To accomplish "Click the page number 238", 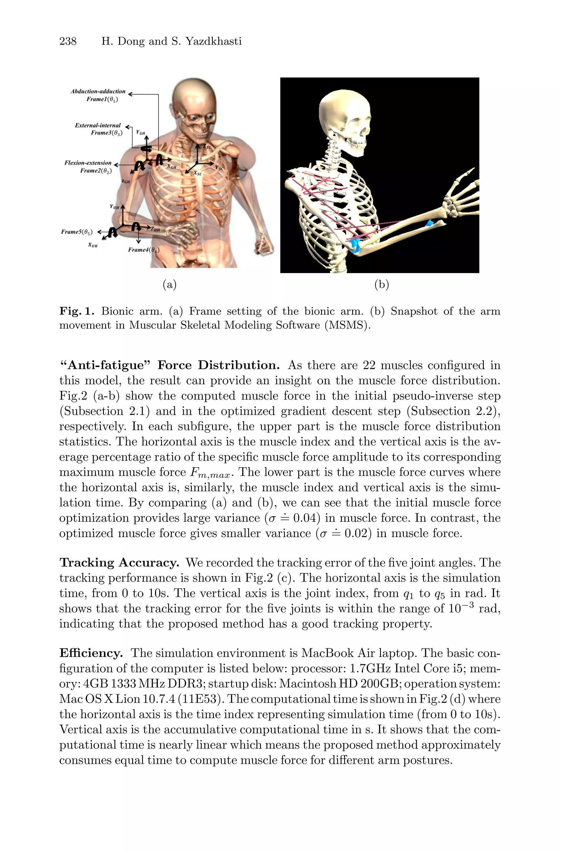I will click(x=68, y=41).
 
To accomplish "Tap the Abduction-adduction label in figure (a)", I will click(x=98, y=92).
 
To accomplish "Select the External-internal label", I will click(x=98, y=126).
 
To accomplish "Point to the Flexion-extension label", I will click(x=88, y=163).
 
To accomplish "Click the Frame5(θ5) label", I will click(x=77, y=232).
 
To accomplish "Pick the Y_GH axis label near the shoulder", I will click(x=141, y=133).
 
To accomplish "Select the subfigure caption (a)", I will click(x=170, y=284).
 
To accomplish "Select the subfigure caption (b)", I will click(x=381, y=284).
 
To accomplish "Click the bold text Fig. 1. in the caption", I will click(x=77, y=311).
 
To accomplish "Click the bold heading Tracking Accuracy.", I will click(x=119, y=563).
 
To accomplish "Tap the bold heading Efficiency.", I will click(x=91, y=653).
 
